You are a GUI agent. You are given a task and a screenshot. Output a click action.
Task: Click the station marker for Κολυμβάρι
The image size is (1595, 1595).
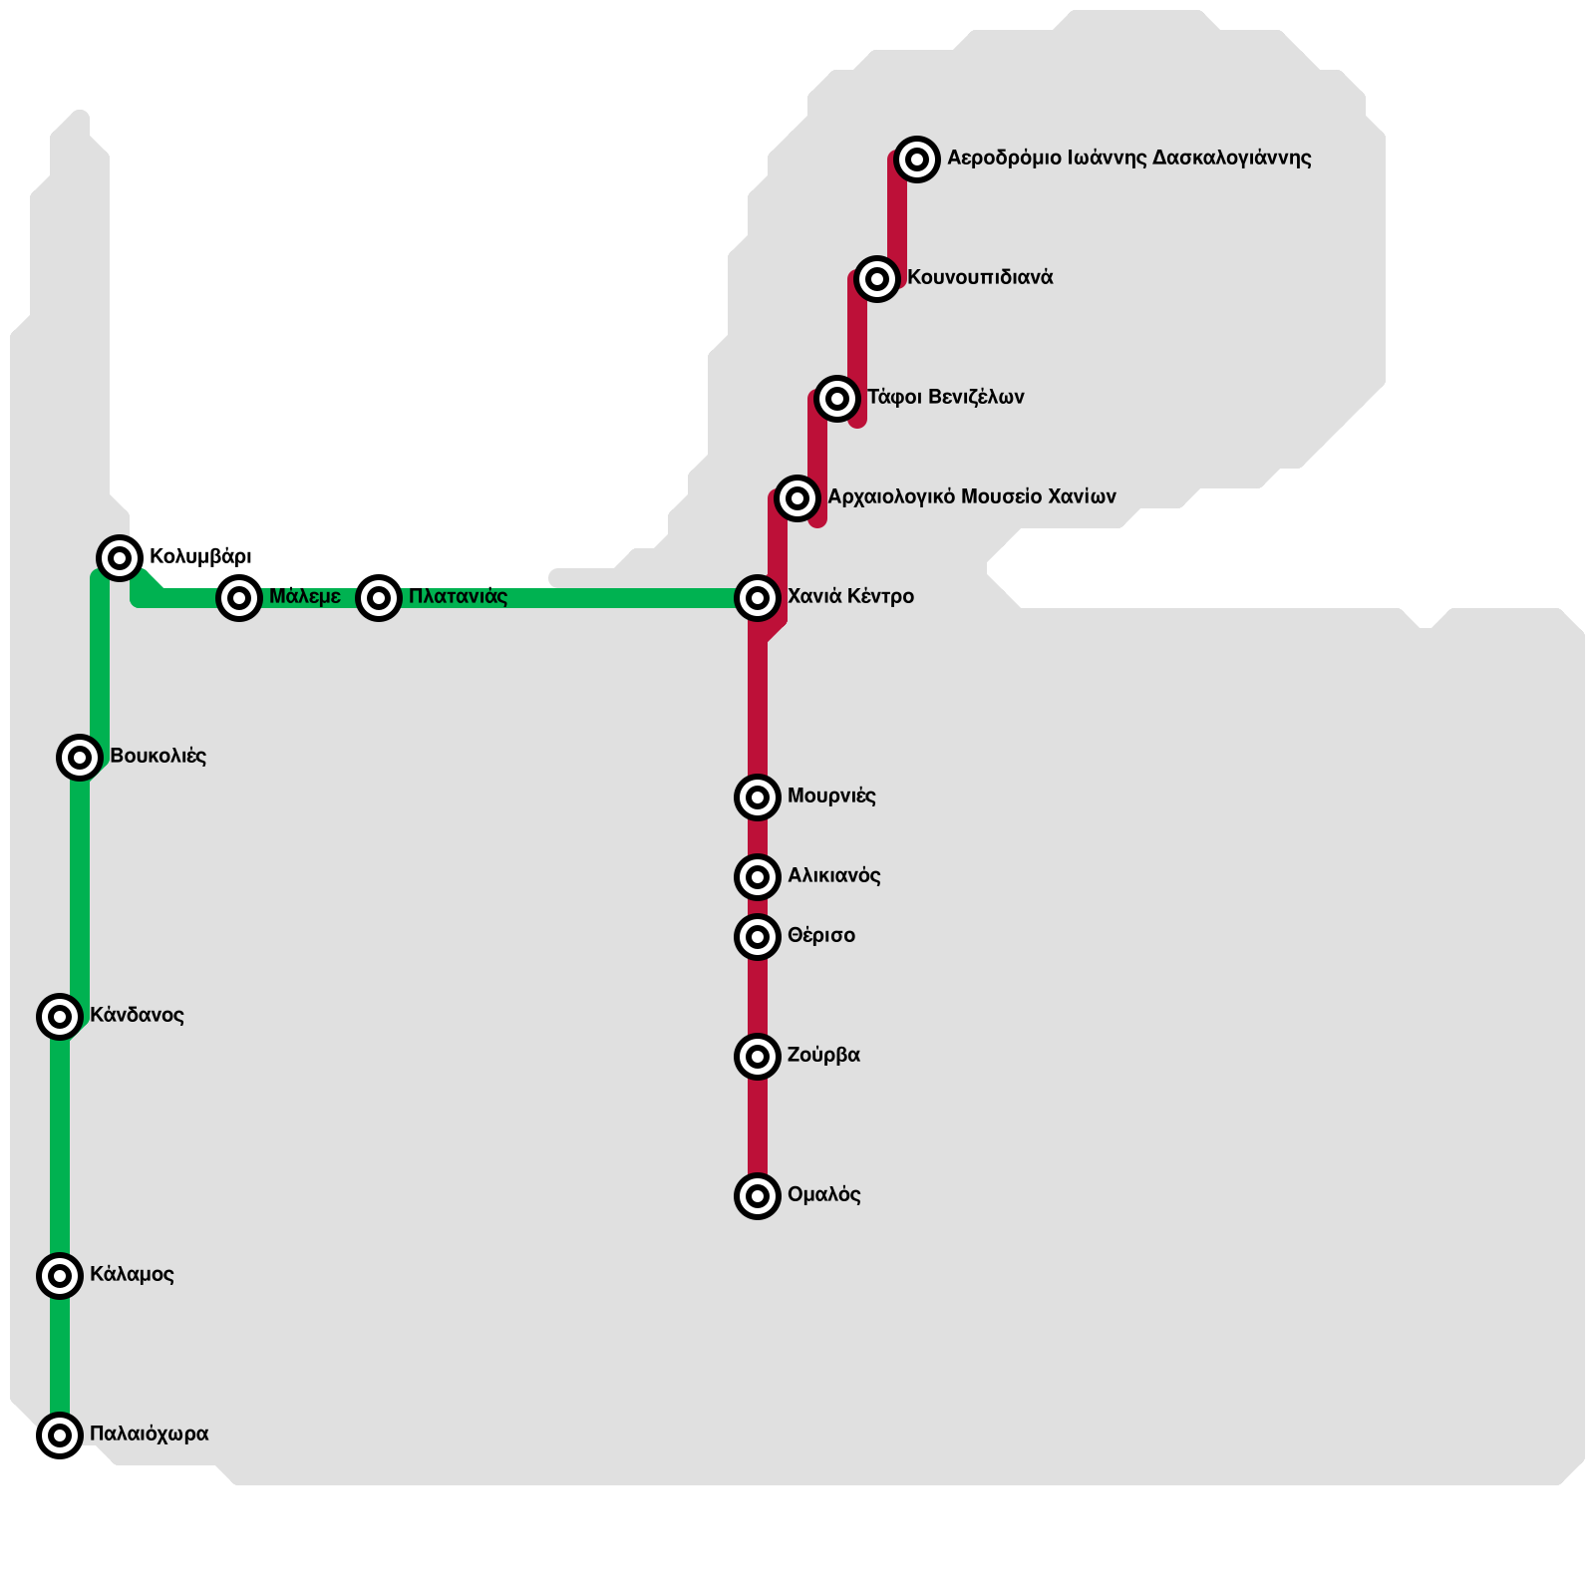click(120, 557)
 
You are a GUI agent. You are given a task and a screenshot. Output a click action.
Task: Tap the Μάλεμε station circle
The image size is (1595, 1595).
click(239, 598)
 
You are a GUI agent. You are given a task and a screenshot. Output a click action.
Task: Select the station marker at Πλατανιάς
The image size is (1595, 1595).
click(379, 598)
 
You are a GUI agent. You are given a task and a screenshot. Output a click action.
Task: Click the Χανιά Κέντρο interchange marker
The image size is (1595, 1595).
click(758, 598)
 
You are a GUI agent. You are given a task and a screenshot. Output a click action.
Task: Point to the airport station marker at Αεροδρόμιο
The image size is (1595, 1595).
click(917, 159)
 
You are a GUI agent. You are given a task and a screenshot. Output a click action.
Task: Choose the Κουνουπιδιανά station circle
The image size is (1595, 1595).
click(876, 279)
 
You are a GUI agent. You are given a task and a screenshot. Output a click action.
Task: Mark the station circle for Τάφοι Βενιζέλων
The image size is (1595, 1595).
click(837, 399)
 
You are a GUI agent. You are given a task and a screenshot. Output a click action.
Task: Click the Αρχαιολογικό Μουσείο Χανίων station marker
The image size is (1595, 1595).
click(797, 497)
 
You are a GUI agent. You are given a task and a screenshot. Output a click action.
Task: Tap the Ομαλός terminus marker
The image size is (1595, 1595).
click(758, 1195)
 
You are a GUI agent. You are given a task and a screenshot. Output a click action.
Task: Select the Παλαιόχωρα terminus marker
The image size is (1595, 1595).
click(60, 1435)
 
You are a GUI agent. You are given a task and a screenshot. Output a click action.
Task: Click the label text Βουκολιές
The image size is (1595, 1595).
click(158, 756)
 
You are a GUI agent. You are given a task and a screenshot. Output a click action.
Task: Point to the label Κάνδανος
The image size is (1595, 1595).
click(137, 1015)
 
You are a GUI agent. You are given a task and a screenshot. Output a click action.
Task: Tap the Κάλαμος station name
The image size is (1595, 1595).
click(132, 1274)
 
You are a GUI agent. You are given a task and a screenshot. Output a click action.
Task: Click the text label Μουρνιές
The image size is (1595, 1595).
click(831, 796)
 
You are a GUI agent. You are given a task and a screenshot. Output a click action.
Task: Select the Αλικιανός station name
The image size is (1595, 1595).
click(833, 875)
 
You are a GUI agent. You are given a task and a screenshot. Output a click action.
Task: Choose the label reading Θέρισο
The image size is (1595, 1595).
click(821, 935)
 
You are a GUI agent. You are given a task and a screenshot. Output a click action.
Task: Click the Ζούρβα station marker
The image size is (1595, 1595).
click(758, 1057)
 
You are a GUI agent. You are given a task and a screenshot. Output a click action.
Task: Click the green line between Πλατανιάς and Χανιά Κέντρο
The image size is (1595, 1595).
click(568, 598)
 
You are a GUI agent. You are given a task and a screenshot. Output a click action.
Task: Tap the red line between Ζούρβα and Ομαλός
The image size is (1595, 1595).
click(758, 1126)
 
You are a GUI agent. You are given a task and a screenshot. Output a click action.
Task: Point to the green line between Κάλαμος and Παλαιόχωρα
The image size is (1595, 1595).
click(60, 1356)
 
